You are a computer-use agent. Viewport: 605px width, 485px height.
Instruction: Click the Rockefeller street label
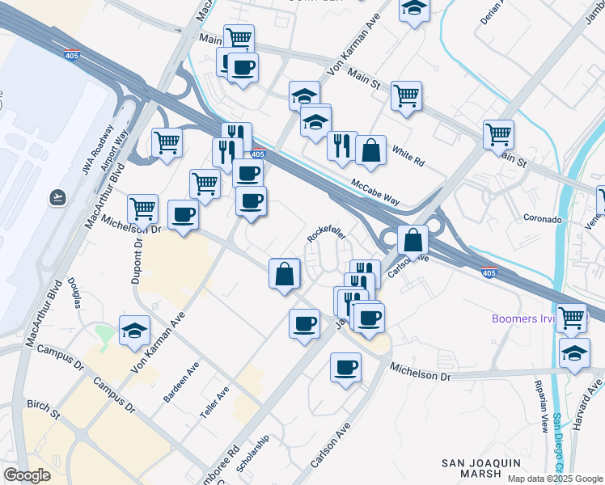(x=327, y=232)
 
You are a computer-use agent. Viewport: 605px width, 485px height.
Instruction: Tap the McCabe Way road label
(x=375, y=193)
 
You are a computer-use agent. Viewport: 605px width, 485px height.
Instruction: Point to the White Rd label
(x=408, y=156)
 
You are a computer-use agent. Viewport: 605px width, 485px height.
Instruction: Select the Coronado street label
(x=541, y=219)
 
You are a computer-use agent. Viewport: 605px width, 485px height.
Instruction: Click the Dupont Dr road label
(x=136, y=259)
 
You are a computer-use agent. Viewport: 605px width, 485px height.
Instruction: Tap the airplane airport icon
(x=58, y=196)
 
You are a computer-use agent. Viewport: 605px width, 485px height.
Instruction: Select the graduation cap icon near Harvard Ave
(x=574, y=352)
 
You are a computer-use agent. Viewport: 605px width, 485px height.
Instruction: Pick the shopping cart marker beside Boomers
(x=572, y=317)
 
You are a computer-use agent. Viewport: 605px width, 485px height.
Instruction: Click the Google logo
(x=27, y=474)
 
